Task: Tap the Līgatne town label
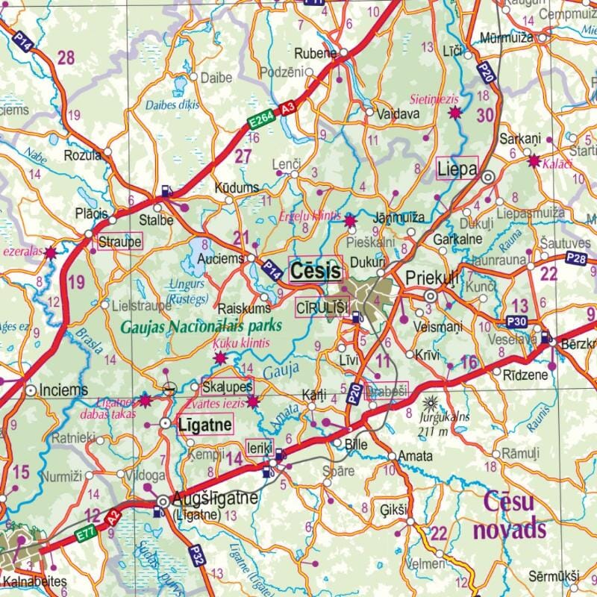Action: pos(204,424)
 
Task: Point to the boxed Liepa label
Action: pos(457,169)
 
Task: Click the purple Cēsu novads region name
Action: pos(513,516)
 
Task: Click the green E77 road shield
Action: pos(86,534)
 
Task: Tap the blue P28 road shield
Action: pos(576,258)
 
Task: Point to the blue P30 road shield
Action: pos(518,322)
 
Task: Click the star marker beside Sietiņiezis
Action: pos(454,113)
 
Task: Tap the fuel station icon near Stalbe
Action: pos(166,191)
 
